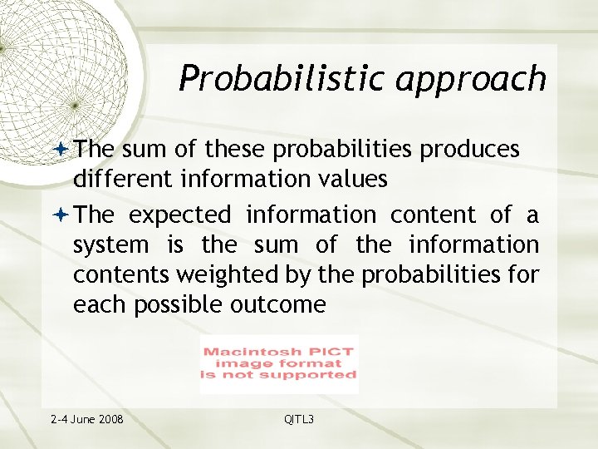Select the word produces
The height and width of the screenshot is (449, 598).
[x=470, y=150]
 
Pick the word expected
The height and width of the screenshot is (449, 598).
[x=179, y=215]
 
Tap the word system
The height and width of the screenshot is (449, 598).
[x=110, y=245]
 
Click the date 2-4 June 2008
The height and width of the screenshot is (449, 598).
[x=86, y=419]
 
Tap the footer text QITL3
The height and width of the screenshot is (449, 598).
[x=299, y=419]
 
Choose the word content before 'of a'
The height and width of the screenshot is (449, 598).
[x=434, y=215]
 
